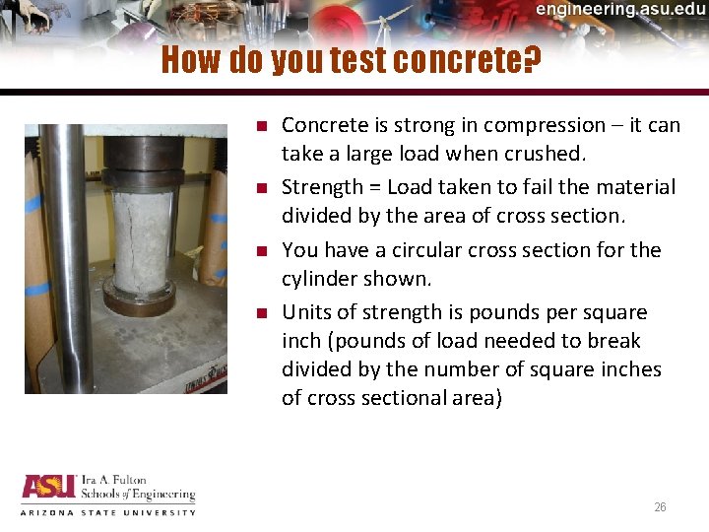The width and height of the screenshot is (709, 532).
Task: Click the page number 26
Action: tap(660, 507)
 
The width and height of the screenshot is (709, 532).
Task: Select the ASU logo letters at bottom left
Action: tap(47, 488)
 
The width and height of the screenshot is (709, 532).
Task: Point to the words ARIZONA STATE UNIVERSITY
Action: tap(108, 512)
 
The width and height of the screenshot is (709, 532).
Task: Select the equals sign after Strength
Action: tap(374, 187)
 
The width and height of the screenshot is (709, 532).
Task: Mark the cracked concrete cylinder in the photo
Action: tap(139, 242)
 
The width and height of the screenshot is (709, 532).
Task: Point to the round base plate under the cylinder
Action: tap(139, 299)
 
